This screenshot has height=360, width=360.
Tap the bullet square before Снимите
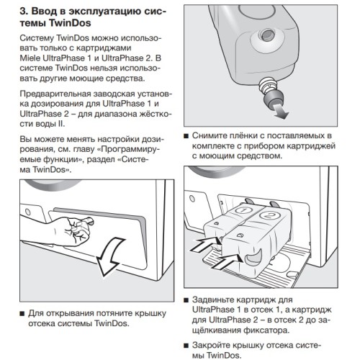point(187,135)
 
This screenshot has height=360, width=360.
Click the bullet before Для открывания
point(21,314)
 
